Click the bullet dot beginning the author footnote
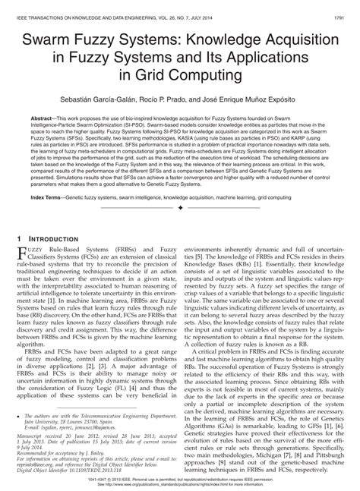pyautogui.click(x=18, y=417)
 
